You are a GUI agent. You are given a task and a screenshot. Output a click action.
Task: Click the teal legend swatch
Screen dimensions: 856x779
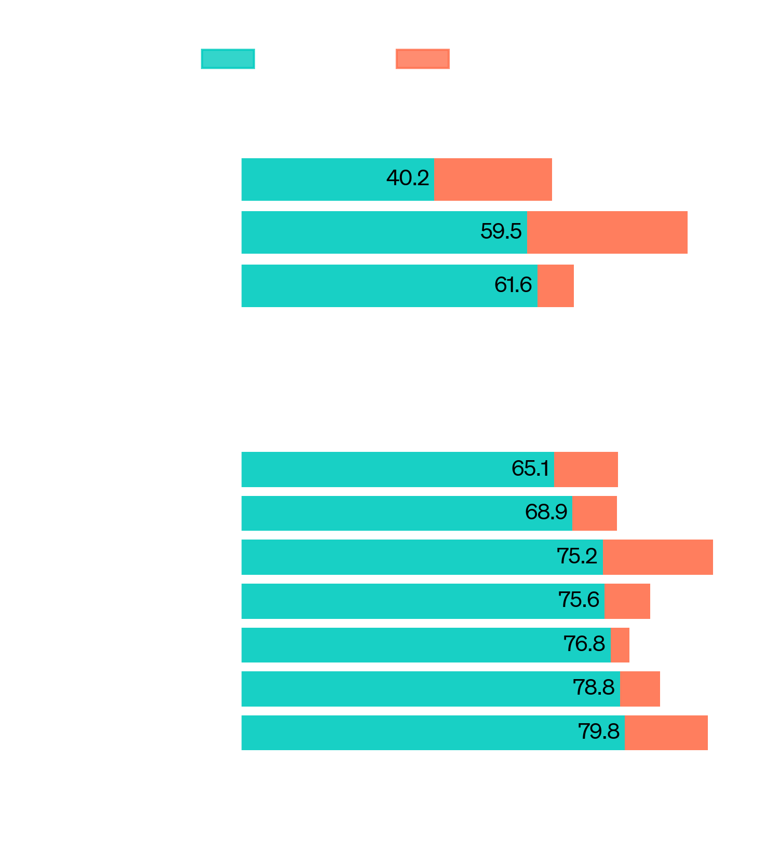[227, 59]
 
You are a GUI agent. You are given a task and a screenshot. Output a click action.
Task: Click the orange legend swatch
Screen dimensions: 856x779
[422, 59]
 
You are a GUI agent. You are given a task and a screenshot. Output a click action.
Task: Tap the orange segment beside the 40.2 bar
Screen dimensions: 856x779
[493, 180]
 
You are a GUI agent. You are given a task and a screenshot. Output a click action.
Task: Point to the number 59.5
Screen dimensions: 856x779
[501, 231]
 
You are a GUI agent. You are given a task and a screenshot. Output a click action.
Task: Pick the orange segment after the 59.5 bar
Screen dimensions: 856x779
[607, 232]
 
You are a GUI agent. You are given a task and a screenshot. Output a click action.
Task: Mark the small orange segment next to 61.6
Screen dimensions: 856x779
[556, 286]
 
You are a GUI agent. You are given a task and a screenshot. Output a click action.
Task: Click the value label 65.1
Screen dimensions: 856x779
[530, 468]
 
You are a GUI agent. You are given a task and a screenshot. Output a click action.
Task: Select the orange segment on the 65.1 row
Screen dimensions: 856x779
[586, 470]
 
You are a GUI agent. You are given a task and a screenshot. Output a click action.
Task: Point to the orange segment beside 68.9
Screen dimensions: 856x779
[594, 514]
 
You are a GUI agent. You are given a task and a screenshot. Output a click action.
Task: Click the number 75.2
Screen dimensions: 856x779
[577, 556]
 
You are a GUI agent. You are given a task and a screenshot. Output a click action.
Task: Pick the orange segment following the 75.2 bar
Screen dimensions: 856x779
[657, 557]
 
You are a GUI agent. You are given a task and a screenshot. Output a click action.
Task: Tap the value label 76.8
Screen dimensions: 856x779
[584, 644]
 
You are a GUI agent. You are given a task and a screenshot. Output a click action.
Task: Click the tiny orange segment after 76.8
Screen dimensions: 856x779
[620, 645]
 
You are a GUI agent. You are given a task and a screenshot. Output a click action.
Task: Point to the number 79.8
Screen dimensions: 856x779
[599, 731]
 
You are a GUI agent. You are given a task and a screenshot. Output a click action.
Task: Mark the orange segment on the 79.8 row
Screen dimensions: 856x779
[666, 733]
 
